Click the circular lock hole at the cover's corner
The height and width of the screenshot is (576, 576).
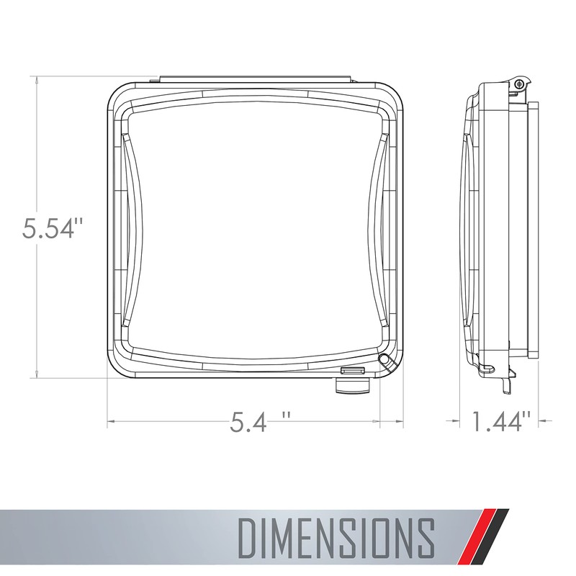pyautogui.click(x=383, y=359)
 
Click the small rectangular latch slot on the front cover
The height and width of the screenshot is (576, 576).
pyautogui.click(x=353, y=372)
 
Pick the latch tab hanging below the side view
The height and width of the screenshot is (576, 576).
pyautogui.click(x=507, y=384)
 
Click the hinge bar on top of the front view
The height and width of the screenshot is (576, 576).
pyautogui.click(x=255, y=76)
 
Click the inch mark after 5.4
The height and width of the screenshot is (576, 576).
pyautogui.click(x=287, y=416)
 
